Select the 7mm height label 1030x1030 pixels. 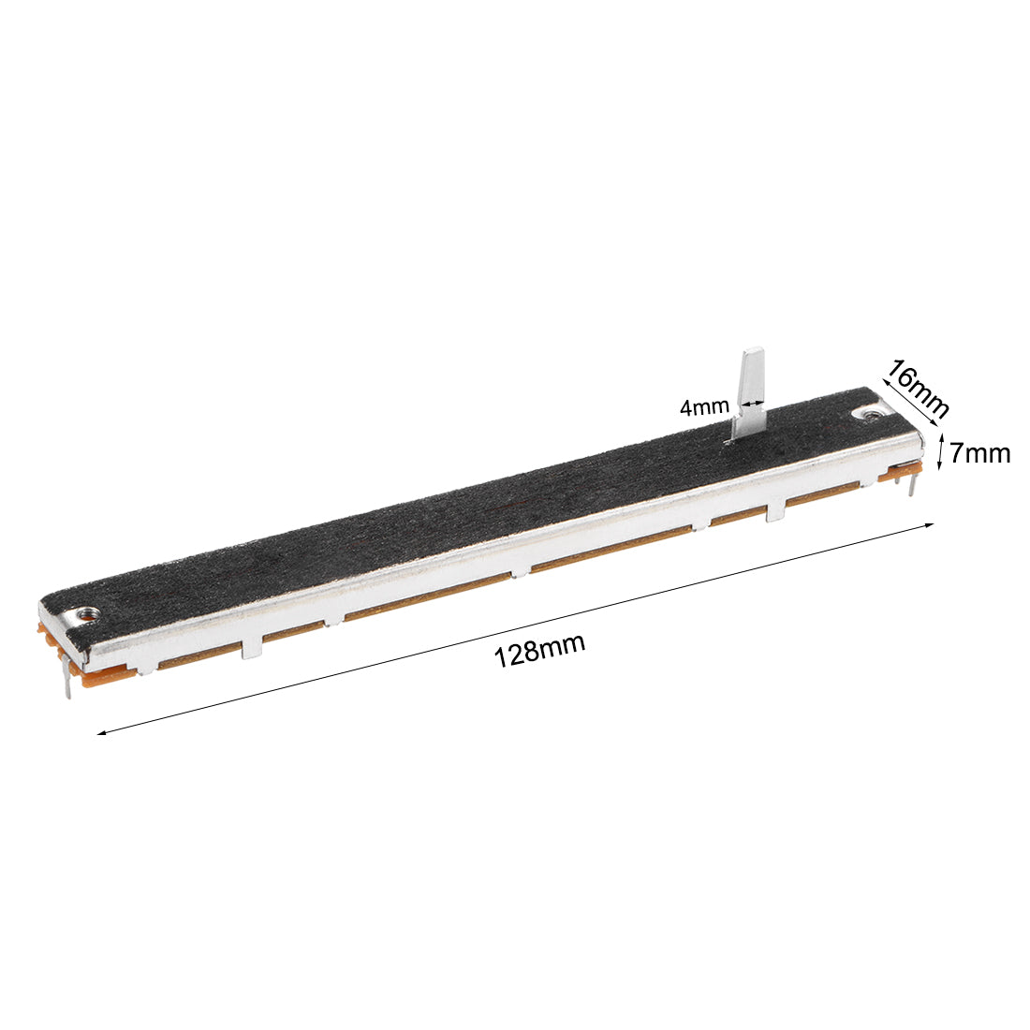click(x=979, y=453)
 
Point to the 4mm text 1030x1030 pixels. click(x=704, y=407)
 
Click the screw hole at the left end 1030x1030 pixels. click(x=89, y=613)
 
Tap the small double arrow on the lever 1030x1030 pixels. click(x=750, y=405)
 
